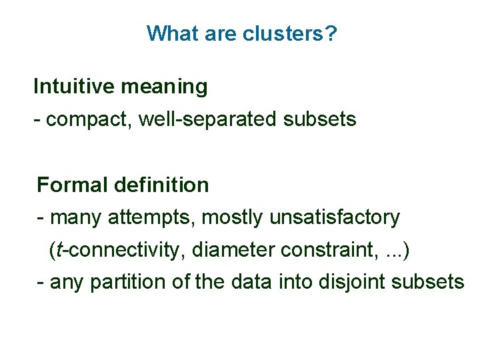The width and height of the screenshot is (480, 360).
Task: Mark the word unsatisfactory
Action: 335,217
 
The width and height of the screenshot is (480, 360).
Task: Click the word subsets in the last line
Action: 427,282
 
